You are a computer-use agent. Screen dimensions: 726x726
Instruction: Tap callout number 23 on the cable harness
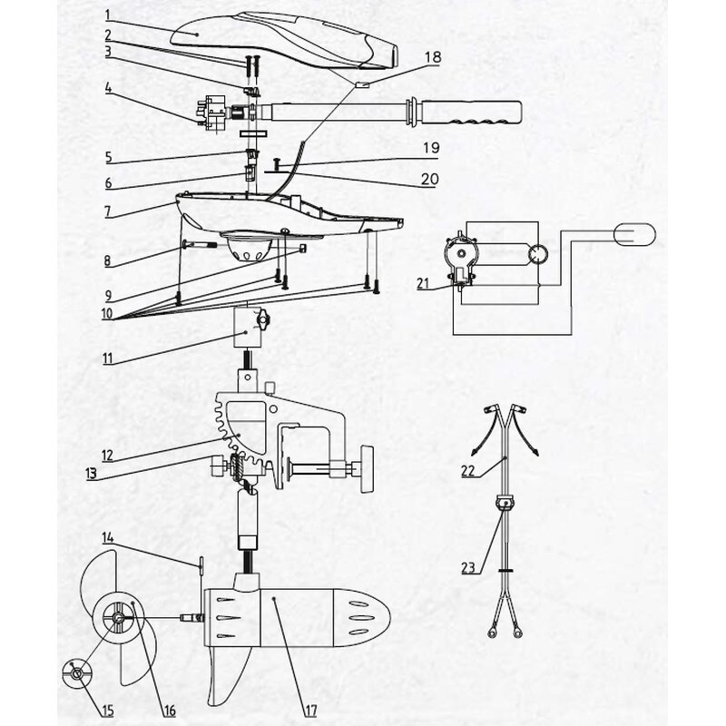click(467, 569)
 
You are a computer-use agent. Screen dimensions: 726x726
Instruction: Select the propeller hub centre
click(119, 617)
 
